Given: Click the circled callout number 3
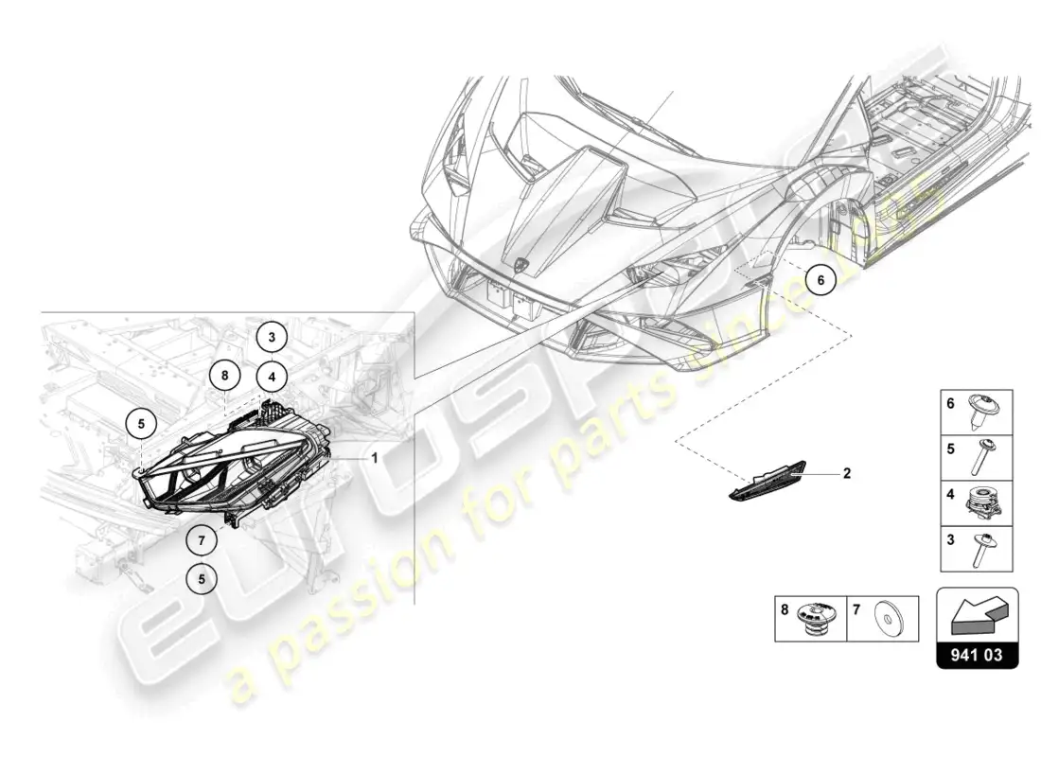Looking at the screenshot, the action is point(272,337).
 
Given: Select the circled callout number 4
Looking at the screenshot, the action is point(273,378).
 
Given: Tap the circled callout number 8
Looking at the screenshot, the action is point(225,376).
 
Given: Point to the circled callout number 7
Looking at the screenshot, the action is point(202,540).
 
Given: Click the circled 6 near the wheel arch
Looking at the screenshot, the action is point(820,280).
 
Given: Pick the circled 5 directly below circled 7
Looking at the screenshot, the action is point(202,579).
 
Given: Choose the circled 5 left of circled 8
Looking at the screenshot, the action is point(141,423).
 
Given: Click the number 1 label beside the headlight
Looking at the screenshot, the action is point(375,458).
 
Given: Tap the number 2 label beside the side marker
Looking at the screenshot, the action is point(846,473).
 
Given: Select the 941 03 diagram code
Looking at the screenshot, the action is point(977,656).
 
